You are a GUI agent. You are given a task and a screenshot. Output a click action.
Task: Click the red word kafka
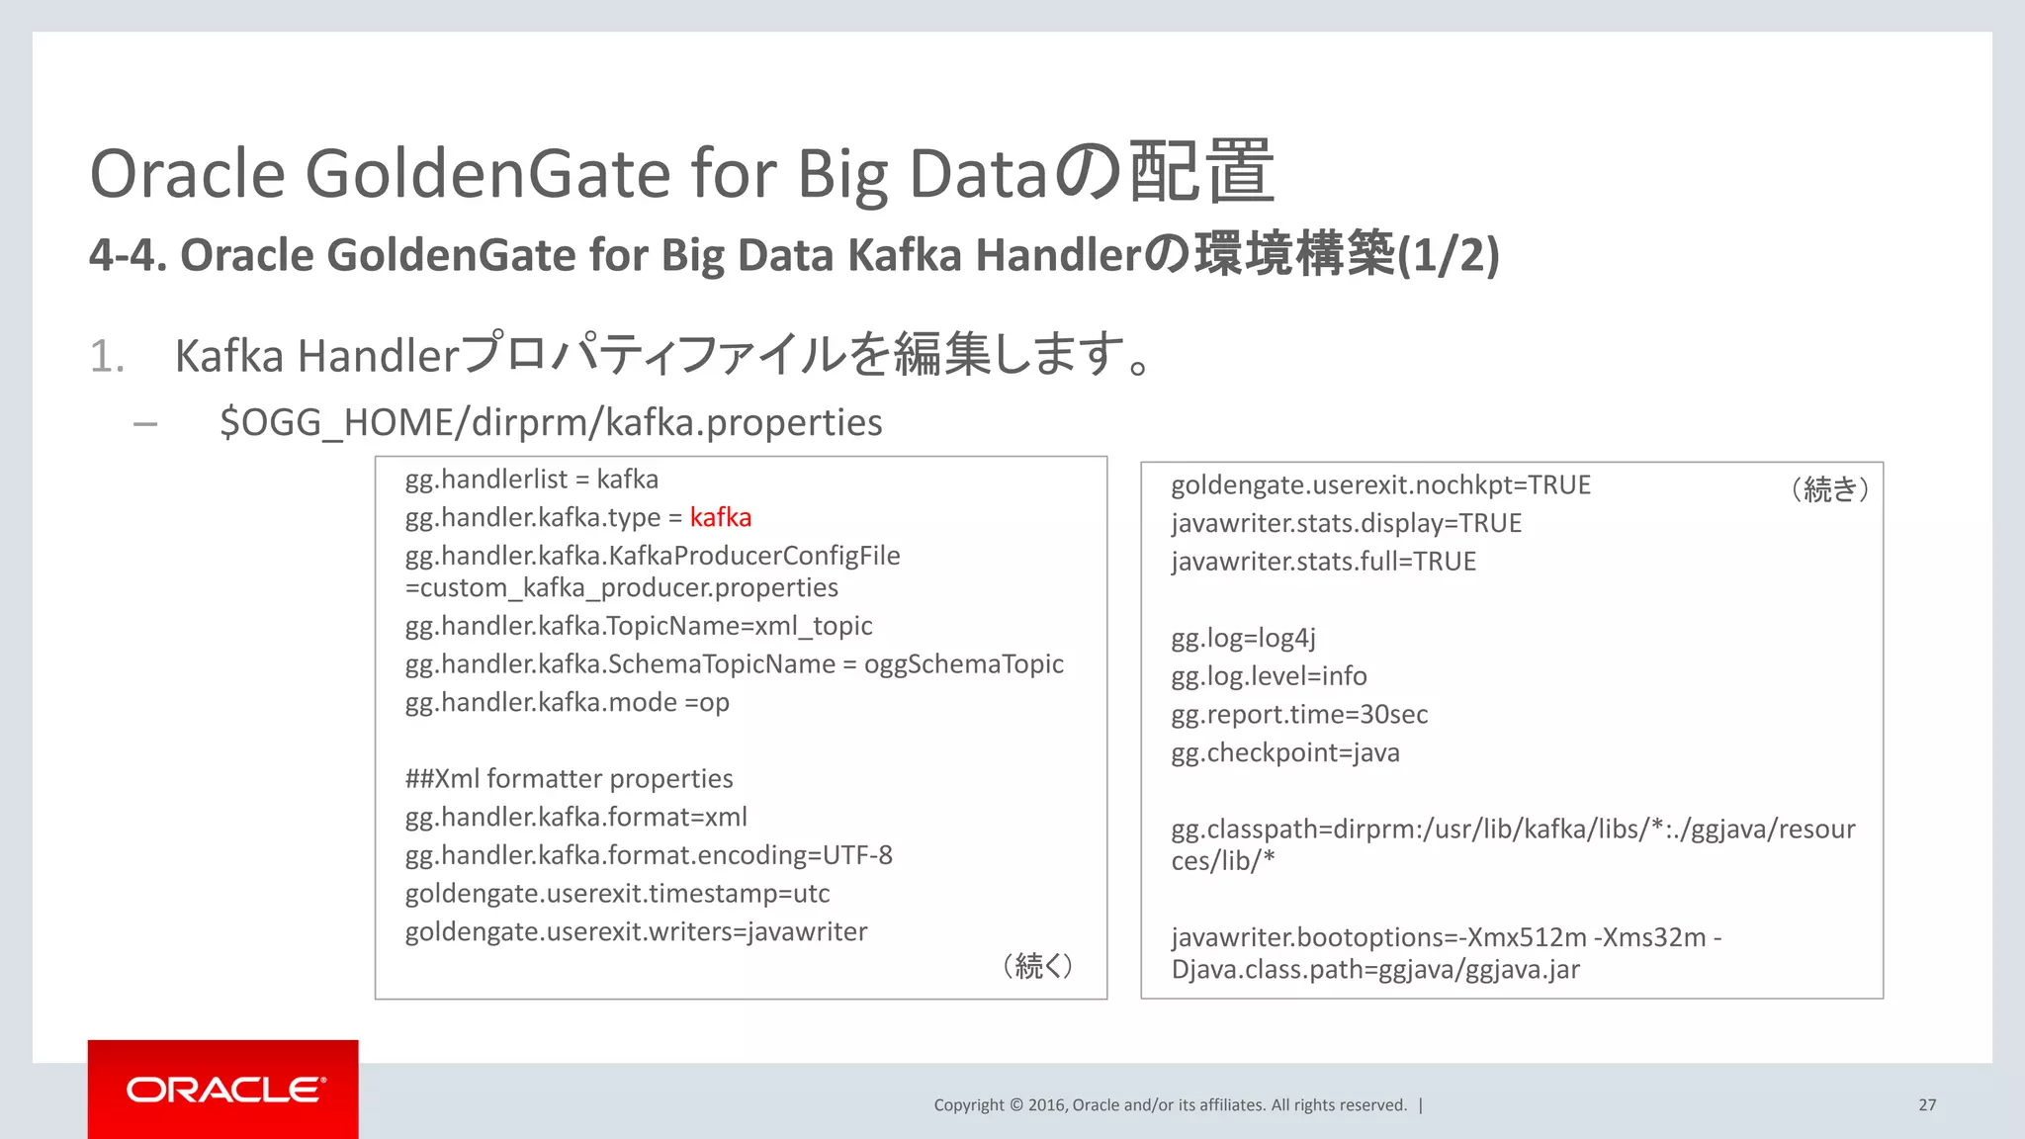click(x=720, y=517)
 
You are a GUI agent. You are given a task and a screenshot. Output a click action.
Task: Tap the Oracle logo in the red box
click(x=224, y=1090)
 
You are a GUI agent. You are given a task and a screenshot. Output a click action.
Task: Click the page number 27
click(x=1927, y=1104)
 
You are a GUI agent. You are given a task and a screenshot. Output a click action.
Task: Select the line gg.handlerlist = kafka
click(x=531, y=480)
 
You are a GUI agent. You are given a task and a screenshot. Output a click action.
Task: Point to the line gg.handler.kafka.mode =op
click(x=567, y=703)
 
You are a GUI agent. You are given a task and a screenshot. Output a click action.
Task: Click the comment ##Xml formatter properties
click(x=569, y=779)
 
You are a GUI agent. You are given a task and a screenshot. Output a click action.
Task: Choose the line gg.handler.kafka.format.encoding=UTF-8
click(x=648, y=855)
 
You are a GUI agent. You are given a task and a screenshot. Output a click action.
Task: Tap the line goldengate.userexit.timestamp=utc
click(x=617, y=894)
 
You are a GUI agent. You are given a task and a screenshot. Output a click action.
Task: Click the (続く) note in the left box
click(x=1037, y=966)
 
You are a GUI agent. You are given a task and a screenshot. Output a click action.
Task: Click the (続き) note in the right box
click(x=1829, y=488)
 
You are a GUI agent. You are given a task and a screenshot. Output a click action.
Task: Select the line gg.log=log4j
click(x=1243, y=639)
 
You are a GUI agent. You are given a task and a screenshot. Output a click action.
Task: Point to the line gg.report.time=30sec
click(x=1299, y=715)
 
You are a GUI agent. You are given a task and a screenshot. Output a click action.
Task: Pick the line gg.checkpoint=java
click(x=1284, y=753)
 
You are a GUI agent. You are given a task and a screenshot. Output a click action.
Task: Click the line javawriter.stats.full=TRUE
click(x=1323, y=562)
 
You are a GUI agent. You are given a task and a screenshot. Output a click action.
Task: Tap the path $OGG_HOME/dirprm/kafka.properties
click(x=551, y=423)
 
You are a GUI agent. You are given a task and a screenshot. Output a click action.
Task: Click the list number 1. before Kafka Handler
click(x=107, y=357)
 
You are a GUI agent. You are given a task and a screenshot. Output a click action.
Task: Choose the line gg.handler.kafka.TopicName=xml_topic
click(x=638, y=626)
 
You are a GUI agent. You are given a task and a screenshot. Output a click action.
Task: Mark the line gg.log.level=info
click(x=1269, y=676)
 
